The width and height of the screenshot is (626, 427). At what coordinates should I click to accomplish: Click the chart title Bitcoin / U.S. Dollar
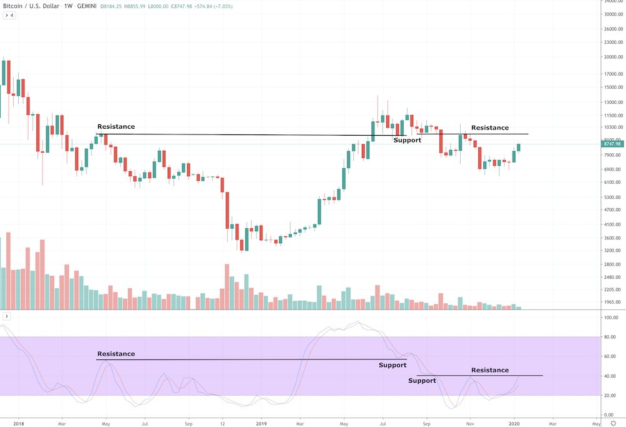(29, 6)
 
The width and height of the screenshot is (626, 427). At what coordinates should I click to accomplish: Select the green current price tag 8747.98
(609, 144)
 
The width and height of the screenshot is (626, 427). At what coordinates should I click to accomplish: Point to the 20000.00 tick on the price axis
(610, 57)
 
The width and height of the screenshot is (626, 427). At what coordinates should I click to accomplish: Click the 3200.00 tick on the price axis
(609, 251)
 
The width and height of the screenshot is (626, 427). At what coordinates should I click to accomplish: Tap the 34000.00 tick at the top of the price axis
(610, 1)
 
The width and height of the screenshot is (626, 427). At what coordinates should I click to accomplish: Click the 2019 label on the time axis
(262, 423)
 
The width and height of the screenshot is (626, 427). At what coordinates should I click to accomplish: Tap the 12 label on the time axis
(223, 423)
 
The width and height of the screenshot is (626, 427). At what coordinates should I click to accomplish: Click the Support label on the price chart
(407, 140)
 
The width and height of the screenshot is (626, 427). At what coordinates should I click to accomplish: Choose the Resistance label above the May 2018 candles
(116, 127)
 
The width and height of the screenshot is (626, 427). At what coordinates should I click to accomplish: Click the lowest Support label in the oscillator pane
(422, 381)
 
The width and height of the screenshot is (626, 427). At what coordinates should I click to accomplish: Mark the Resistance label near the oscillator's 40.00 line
(490, 370)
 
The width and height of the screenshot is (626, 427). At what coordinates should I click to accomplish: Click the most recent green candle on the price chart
(518, 148)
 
